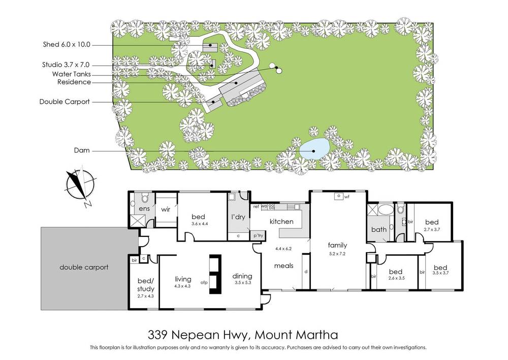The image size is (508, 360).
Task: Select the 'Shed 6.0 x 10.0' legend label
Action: click(66, 45)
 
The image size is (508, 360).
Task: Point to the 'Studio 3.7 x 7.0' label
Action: click(66, 65)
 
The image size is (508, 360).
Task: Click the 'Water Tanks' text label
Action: click(71, 74)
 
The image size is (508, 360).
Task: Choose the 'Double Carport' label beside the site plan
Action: click(65, 102)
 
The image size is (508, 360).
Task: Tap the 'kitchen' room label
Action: click(282, 222)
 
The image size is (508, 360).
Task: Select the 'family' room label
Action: click(338, 244)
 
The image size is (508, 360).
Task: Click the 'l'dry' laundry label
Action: click(238, 217)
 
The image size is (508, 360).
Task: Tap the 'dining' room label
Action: click(243, 277)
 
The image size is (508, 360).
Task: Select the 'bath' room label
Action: click(379, 229)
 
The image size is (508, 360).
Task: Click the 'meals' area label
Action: click(283, 266)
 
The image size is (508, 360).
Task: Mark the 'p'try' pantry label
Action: click(258, 236)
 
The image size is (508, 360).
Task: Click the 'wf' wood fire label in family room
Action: click(347, 196)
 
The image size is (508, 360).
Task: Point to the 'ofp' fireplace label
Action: click(204, 282)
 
